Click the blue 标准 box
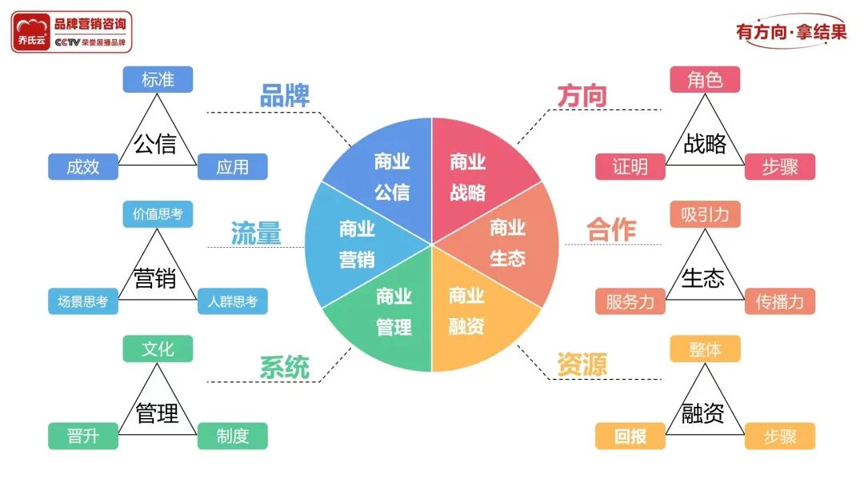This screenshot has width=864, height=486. tap(158, 79)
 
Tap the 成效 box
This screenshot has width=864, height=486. tap(82, 166)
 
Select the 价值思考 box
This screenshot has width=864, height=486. tap(158, 214)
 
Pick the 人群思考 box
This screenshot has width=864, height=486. tap(232, 301)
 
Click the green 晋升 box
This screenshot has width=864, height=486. tap(82, 436)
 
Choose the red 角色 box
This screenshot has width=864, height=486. tap(705, 79)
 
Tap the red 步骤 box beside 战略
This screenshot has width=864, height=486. tap(780, 166)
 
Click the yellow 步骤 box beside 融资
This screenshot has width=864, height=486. tap(780, 436)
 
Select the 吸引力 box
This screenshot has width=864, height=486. tap(705, 214)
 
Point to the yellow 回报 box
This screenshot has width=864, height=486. tap(630, 436)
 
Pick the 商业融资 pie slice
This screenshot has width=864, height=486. tap(472, 316)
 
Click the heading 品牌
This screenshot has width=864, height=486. tap(284, 96)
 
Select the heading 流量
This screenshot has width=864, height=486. tap(256, 233)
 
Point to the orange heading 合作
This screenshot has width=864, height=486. tap(611, 229)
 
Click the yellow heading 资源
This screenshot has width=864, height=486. tap(582, 364)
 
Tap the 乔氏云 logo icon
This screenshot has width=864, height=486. tap(32, 32)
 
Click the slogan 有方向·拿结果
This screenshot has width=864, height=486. tap(790, 32)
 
